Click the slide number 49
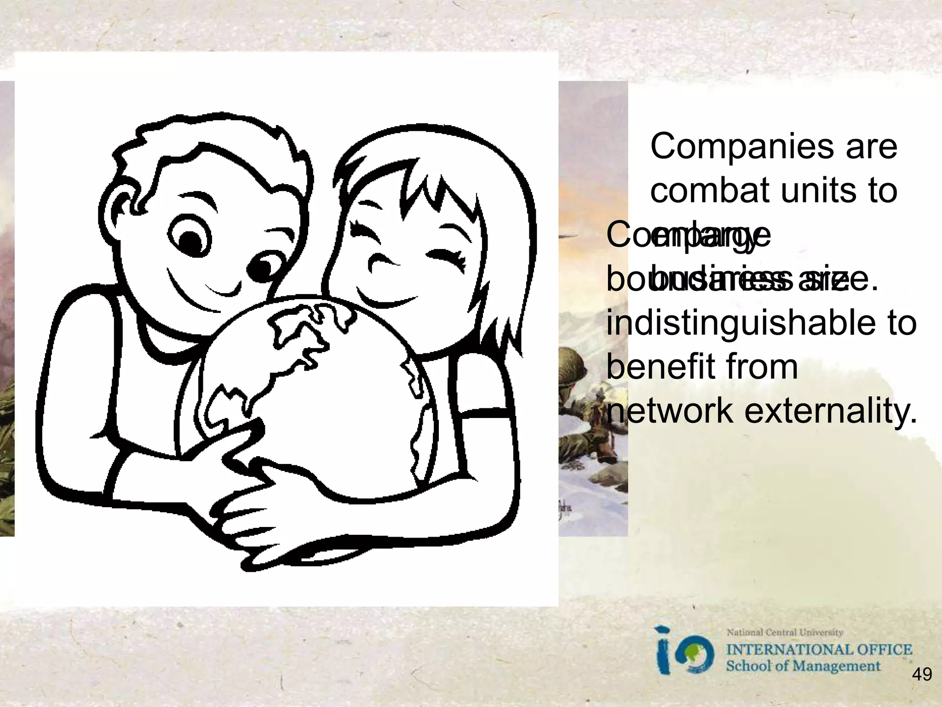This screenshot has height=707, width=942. coord(922,675)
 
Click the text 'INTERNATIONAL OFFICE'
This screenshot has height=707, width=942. coord(819,650)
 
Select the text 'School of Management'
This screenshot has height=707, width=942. coord(803,666)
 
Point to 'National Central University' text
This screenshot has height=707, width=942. coord(785,633)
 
